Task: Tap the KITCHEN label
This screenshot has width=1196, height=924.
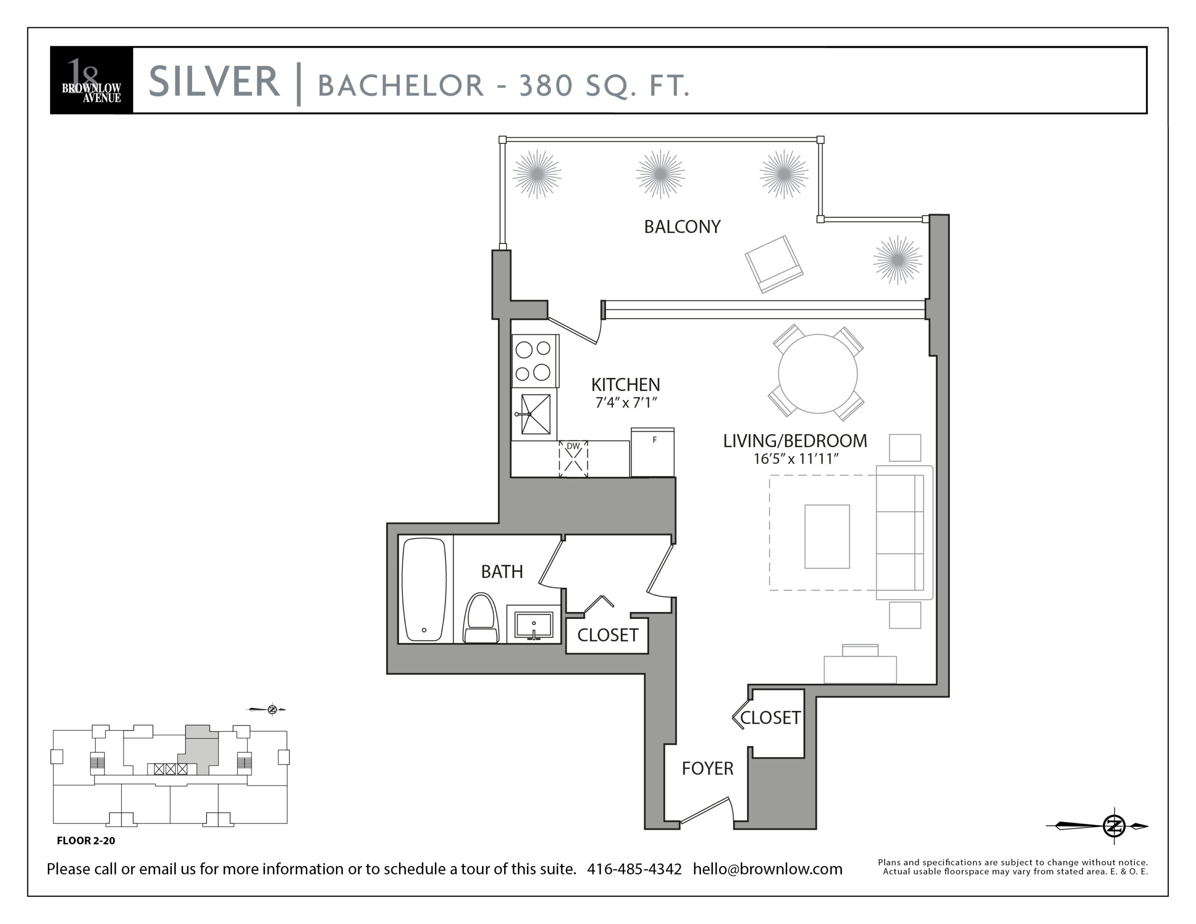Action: (626, 384)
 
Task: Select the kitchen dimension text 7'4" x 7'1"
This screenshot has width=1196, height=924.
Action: (626, 403)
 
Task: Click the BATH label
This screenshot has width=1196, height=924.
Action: (502, 572)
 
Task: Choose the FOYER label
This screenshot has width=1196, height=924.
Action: (707, 768)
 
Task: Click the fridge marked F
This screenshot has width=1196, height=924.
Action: (652, 452)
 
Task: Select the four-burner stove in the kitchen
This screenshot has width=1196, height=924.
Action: (535, 361)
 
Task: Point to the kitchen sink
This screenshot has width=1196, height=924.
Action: (535, 414)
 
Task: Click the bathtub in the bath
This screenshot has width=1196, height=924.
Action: (424, 590)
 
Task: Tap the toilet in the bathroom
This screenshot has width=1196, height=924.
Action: (481, 618)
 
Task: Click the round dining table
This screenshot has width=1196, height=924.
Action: (818, 374)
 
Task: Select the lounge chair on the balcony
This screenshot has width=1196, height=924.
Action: (774, 264)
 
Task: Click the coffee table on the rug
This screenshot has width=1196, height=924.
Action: (827, 537)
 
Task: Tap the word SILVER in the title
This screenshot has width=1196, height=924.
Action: (214, 82)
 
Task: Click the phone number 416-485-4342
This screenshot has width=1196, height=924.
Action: (634, 869)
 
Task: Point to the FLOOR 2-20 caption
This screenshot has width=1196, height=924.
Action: (86, 841)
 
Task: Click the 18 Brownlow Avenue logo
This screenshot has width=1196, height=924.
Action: (92, 80)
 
